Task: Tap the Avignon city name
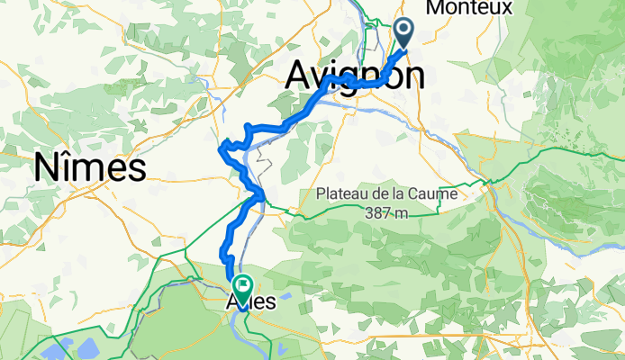pos(355,76)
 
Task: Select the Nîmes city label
pos(90,167)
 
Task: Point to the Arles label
pos(252,302)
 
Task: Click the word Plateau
pos(343,193)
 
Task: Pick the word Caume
pos(434,193)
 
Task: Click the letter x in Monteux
pos(506,8)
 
